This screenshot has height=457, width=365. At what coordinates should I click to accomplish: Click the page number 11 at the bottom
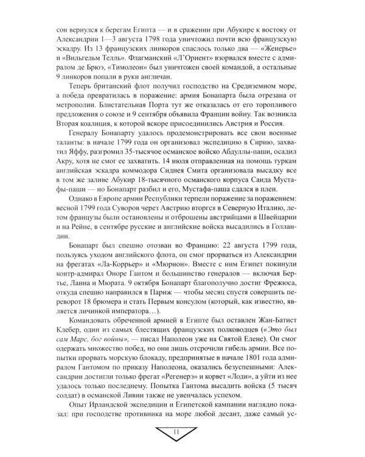tap(183, 433)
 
